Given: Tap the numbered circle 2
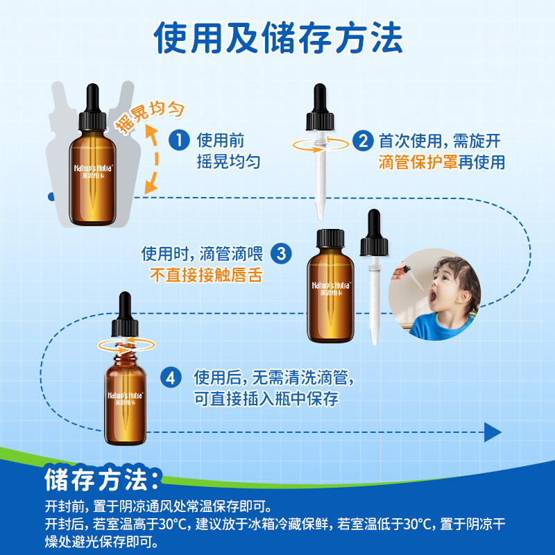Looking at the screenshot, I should pos(362,142).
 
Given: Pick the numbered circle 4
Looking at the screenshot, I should pos(171,378).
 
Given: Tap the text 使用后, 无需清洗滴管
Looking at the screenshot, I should pos(274,379).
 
